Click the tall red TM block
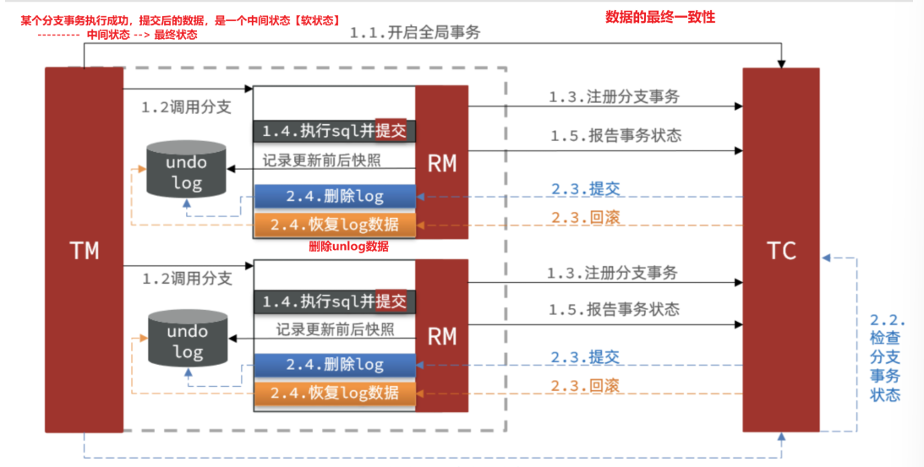click(x=84, y=251)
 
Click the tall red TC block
click(x=781, y=251)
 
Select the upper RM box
click(x=441, y=163)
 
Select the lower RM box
click(x=441, y=337)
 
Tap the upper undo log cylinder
click(x=186, y=170)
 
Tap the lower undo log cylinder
click(x=187, y=340)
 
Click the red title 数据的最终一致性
click(x=660, y=16)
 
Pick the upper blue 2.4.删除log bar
click(x=335, y=197)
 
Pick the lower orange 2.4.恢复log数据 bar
click(x=335, y=393)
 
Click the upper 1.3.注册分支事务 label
click(x=614, y=97)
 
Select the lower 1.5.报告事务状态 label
click(x=614, y=309)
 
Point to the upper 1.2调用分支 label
click(x=186, y=108)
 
